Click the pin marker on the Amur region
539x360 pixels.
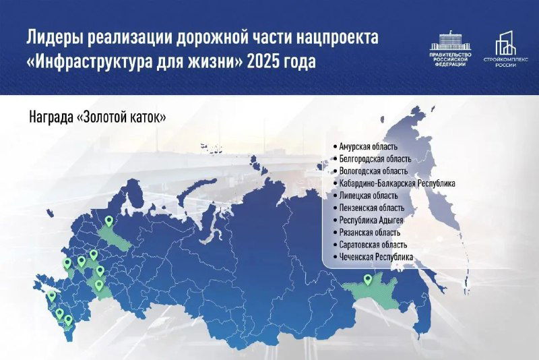click(367, 279)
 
